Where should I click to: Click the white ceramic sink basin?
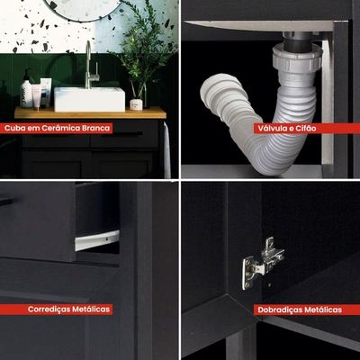[x=89, y=99]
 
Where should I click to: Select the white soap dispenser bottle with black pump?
[x=26, y=89]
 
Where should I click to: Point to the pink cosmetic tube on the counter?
[x=36, y=96]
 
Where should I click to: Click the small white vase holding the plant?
[x=136, y=104]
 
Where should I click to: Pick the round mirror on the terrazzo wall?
[x=83, y=16]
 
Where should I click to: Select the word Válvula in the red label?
[x=269, y=129]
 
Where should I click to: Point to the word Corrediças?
[x=48, y=310]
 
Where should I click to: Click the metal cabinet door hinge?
[x=262, y=263]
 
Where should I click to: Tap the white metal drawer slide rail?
[x=97, y=240]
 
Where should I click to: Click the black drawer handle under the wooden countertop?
[x=128, y=133]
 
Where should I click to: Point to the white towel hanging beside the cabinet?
[x=166, y=149]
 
